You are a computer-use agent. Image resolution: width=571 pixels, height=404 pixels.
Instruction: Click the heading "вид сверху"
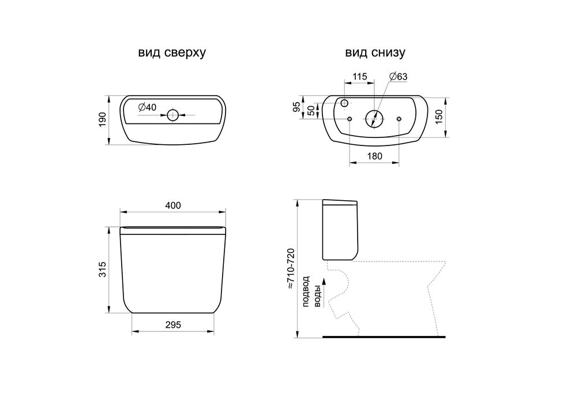point(172,53)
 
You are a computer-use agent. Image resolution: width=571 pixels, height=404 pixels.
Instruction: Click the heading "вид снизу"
point(375,53)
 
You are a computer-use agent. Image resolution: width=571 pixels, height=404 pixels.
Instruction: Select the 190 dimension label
point(103,119)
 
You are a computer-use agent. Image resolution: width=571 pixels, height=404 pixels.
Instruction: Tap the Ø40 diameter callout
point(147,107)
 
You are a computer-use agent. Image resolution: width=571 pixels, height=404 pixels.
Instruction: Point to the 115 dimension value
point(359,77)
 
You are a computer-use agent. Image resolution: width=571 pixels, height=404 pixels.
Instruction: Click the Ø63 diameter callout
point(398,77)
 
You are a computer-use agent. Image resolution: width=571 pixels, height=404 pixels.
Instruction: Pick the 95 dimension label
point(297,107)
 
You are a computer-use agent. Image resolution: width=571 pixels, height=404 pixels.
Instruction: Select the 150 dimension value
point(439,117)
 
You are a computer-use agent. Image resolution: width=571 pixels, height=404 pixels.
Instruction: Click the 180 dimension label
point(375,156)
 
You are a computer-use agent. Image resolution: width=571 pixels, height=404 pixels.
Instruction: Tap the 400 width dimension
point(173,205)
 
